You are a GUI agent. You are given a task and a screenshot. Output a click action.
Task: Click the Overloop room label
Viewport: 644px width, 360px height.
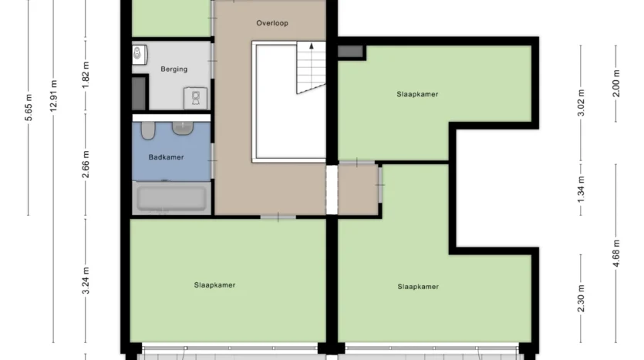[x=272, y=23]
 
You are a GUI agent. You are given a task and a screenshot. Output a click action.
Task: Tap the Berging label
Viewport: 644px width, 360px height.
[x=174, y=69]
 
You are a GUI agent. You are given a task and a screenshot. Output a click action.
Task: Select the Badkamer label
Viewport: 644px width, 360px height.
[x=166, y=157]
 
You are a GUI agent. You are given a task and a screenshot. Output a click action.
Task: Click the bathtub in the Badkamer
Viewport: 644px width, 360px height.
[x=172, y=198]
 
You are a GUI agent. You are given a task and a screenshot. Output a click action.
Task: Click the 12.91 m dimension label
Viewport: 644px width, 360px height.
[x=53, y=96]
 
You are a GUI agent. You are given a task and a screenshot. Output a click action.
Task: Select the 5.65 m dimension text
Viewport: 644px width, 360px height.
[x=29, y=108]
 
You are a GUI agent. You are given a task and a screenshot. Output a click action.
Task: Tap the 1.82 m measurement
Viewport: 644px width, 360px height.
[x=86, y=75]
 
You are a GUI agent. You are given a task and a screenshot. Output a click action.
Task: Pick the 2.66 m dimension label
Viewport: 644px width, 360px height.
[x=86, y=165]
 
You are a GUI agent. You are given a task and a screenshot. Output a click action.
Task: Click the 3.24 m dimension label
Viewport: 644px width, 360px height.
[x=86, y=281]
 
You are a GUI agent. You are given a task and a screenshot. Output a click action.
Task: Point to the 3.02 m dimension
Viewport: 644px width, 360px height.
[x=581, y=103]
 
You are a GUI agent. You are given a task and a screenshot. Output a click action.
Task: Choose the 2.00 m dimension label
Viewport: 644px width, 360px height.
[x=616, y=83]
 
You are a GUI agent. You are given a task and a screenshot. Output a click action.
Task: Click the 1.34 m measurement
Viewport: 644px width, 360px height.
[x=581, y=189]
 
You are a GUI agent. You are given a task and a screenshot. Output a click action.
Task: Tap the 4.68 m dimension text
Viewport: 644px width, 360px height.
[x=616, y=254]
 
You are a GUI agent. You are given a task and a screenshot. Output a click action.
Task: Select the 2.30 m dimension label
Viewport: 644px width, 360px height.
[x=581, y=298]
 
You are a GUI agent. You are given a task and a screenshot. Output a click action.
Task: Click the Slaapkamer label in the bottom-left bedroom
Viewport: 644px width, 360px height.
[x=215, y=285]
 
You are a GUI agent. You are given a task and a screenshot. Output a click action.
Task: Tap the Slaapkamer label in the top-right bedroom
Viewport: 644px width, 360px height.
[x=417, y=94]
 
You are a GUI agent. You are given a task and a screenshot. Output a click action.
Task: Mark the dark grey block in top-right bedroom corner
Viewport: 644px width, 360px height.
[x=350, y=52]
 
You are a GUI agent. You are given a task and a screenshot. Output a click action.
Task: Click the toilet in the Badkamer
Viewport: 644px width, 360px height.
[x=148, y=130]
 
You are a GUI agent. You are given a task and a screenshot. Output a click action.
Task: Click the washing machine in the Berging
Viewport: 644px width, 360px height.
[x=195, y=98]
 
